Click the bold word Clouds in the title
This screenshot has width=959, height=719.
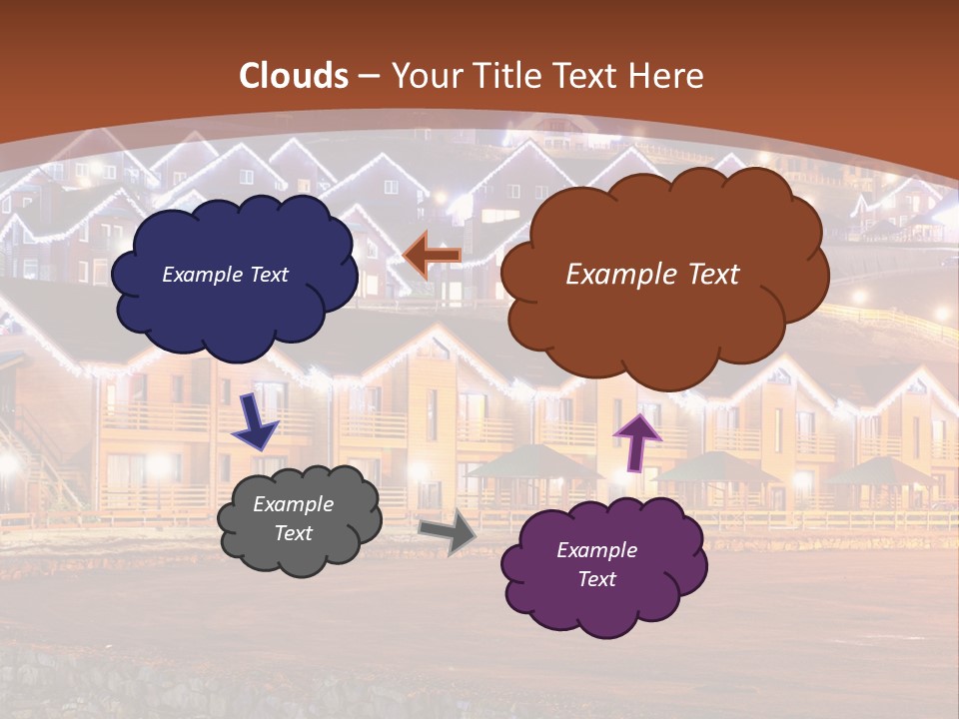[294, 76]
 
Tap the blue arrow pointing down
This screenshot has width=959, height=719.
[256, 421]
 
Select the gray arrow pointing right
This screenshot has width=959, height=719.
[448, 531]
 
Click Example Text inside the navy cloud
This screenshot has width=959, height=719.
[225, 275]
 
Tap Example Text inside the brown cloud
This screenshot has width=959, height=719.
[652, 275]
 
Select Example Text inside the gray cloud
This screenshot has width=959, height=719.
[294, 518]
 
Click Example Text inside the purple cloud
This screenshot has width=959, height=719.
[597, 564]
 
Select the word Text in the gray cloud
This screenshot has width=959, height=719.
[294, 533]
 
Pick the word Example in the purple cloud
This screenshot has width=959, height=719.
[597, 550]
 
